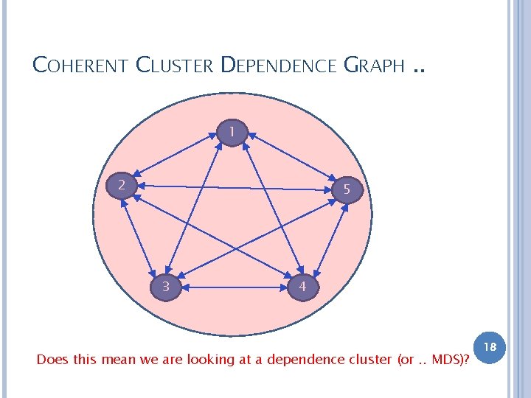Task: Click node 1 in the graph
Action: click(232, 132)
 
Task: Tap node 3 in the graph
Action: click(167, 285)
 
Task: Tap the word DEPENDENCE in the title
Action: click(279, 66)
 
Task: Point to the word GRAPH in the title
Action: click(374, 66)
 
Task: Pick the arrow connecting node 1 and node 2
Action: click(178, 158)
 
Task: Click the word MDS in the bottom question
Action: click(448, 360)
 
